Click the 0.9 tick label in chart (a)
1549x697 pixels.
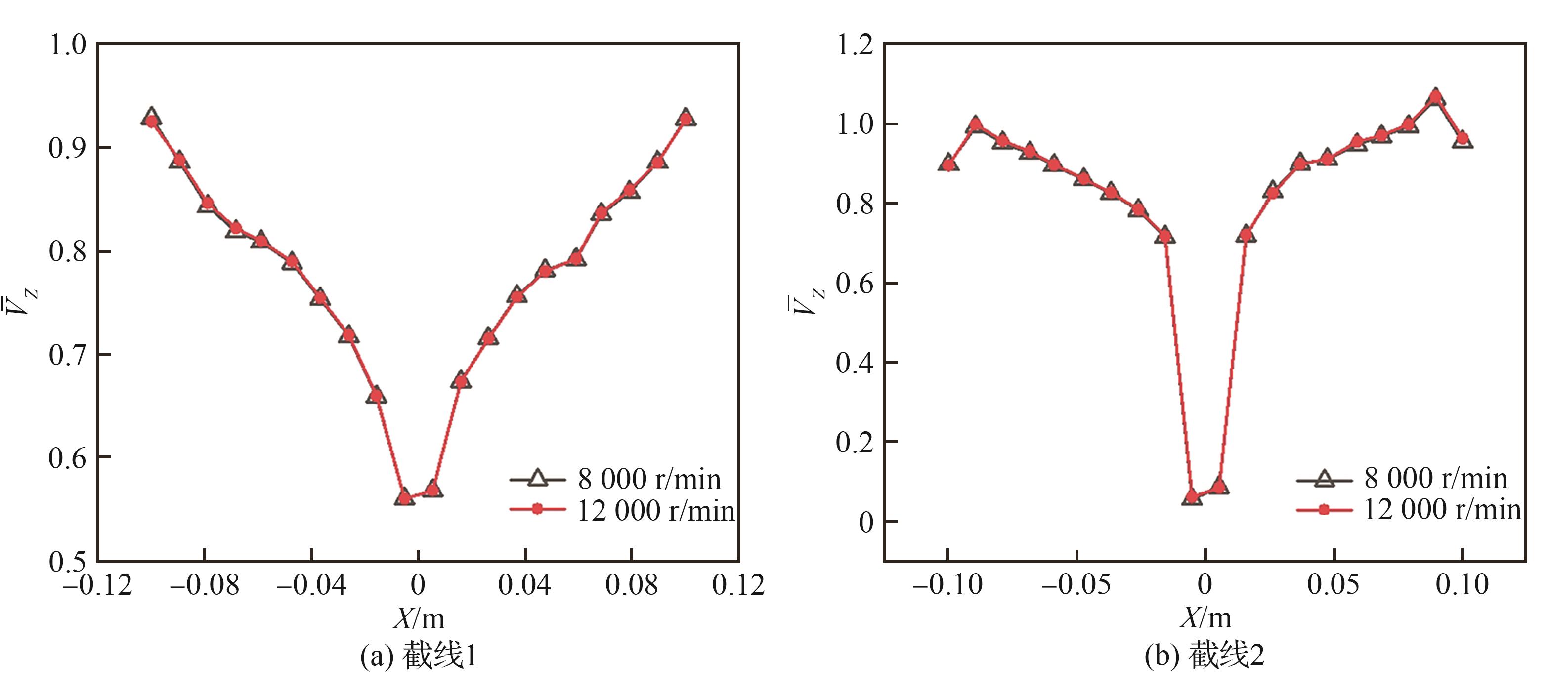click(x=67, y=148)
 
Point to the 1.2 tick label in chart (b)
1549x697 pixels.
click(x=855, y=45)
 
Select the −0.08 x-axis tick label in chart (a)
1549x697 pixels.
click(x=205, y=585)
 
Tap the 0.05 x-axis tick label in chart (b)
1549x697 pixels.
click(x=1333, y=585)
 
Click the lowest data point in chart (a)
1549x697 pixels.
click(x=405, y=497)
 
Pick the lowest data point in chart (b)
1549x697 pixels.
click(x=1192, y=497)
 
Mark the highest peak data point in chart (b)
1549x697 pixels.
click(x=1436, y=97)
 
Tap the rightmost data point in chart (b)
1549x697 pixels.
click(x=1463, y=139)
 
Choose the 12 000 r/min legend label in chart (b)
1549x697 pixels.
click(x=1442, y=509)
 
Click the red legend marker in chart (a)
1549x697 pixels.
click(x=538, y=509)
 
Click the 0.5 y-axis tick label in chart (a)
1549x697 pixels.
click(x=67, y=562)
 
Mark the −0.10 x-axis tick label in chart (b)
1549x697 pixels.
click(x=947, y=585)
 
